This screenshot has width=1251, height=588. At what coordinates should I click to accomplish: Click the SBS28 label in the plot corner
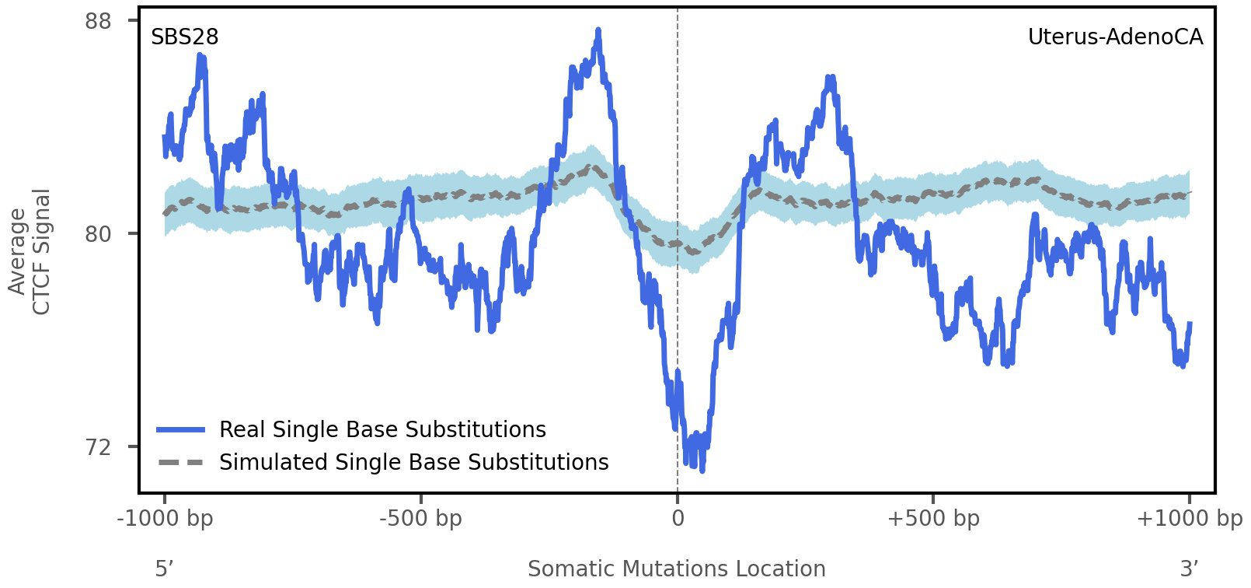click(x=184, y=37)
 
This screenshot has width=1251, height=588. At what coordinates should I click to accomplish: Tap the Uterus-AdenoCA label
click(x=1115, y=37)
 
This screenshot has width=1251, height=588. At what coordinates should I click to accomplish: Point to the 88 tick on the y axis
click(x=98, y=20)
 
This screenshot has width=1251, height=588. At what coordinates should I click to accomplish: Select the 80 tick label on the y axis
click(x=98, y=233)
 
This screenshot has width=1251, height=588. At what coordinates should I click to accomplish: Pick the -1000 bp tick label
click(x=165, y=519)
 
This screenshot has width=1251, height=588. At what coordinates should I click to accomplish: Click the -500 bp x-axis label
click(x=420, y=519)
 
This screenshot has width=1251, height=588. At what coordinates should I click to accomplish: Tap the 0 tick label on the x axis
click(x=678, y=519)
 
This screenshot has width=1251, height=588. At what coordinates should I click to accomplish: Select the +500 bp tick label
click(x=933, y=519)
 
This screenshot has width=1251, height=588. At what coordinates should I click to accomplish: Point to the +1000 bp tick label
click(x=1189, y=519)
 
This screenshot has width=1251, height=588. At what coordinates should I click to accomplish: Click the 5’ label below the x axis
click(x=164, y=569)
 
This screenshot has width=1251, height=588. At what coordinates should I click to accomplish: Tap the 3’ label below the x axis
click(x=1189, y=569)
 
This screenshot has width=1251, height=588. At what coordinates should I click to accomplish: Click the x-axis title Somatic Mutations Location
click(x=676, y=569)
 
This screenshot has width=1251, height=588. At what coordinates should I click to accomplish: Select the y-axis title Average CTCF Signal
click(x=30, y=251)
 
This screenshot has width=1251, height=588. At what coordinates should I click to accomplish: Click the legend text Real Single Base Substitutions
click(x=382, y=430)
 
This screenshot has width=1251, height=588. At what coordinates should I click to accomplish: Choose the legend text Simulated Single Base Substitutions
click(x=413, y=463)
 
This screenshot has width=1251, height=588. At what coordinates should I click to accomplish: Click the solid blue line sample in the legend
click(x=180, y=430)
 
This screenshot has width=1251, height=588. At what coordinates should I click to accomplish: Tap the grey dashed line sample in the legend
click(x=180, y=463)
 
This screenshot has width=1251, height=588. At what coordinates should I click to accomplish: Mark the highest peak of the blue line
click(x=598, y=30)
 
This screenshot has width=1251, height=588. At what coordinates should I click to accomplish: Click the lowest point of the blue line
click(x=702, y=471)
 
